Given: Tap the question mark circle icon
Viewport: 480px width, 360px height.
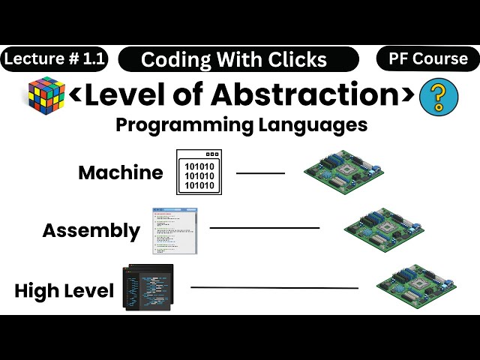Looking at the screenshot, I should pos(439,98).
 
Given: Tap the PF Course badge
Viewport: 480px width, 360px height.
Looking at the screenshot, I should pos(428,58).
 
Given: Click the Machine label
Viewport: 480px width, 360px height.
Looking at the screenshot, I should pos(120,172).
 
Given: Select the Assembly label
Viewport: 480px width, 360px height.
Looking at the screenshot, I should pos(91,230).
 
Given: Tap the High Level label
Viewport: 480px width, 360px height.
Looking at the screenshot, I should pos(64,290).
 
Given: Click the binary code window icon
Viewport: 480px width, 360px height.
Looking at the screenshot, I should pos(199,172).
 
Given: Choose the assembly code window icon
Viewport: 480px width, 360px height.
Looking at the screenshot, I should pos(174,230).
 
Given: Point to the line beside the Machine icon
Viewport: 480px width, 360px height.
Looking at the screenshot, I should pos(261,173).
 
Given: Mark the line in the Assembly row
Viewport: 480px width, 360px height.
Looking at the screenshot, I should pos(264,227).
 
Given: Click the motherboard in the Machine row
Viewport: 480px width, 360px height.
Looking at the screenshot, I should pos(343,172).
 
